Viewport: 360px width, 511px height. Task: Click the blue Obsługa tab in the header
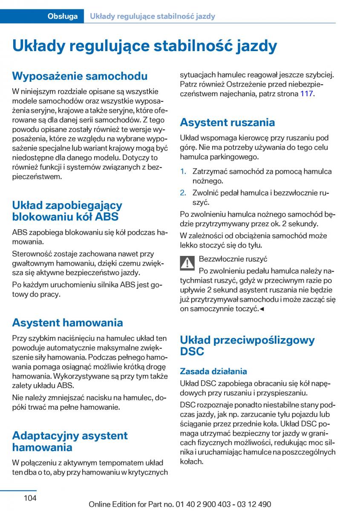[x=63, y=17]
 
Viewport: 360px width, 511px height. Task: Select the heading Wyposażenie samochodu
[x=80, y=76]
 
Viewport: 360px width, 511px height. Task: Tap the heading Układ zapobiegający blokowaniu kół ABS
[x=67, y=211]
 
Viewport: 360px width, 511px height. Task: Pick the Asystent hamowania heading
[x=67, y=322]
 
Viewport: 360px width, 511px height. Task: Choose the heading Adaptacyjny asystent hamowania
[x=70, y=441]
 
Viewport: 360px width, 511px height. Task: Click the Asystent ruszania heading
[x=227, y=123]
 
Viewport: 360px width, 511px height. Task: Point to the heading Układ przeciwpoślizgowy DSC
[x=247, y=345]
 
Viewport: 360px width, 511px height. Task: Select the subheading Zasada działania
[x=213, y=371]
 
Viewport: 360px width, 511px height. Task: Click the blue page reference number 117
[x=306, y=94]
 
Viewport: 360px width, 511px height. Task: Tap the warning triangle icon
[x=187, y=263]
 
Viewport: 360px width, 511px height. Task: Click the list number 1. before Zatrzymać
[x=183, y=172]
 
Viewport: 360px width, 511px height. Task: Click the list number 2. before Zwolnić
[x=183, y=192]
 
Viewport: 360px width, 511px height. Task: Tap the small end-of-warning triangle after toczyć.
[x=262, y=309]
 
